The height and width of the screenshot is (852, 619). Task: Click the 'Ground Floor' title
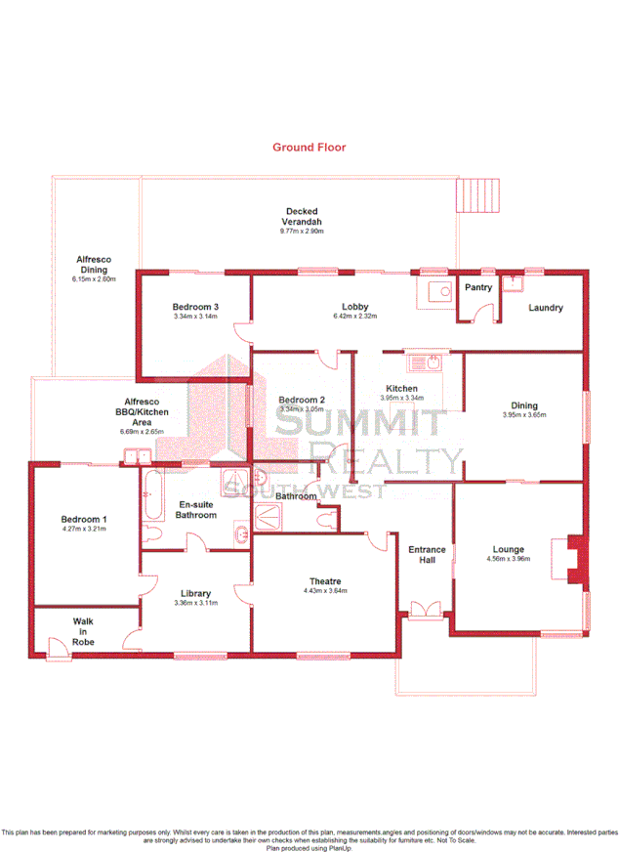309,148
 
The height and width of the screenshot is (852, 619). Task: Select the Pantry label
478,287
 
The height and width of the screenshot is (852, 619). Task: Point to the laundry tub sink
512,283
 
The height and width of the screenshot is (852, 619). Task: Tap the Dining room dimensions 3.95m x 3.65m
524,415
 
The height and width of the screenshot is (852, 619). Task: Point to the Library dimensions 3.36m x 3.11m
195,603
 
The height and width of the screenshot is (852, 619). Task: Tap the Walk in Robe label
83,631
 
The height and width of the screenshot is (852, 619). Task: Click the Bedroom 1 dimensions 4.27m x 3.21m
84,529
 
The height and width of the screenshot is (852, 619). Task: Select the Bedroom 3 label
195,307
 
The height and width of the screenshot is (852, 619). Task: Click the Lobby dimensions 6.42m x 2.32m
354,317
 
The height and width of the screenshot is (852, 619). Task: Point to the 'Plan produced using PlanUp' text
309,847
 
